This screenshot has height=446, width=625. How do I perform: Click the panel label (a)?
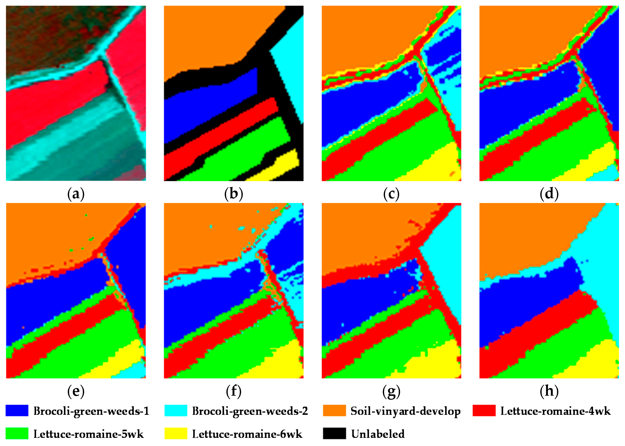[x=76, y=194]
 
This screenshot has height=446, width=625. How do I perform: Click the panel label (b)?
[x=233, y=194]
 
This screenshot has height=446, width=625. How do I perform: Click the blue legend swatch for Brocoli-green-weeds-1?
[x=17, y=411]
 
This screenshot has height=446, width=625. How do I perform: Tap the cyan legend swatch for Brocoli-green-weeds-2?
[x=176, y=411]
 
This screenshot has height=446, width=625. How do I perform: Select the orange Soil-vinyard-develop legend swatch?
[x=334, y=411]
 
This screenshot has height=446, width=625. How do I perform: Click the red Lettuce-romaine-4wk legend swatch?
[x=484, y=411]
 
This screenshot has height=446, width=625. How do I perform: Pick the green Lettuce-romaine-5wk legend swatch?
[x=17, y=433]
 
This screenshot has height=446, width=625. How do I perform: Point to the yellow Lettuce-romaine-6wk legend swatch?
[x=176, y=433]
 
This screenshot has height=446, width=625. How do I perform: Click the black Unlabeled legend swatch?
[x=334, y=433]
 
